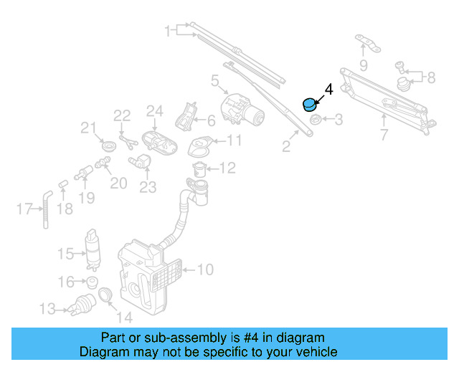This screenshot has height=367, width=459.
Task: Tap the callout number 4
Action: pos(329,90)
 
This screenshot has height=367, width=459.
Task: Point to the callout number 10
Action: pos(205,270)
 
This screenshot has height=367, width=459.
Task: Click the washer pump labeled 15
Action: pos(93,247)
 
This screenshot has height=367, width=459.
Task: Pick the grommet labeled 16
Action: pos(91,282)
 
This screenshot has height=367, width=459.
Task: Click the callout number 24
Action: pos(155,111)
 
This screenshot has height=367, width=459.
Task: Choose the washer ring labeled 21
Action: pos(109,147)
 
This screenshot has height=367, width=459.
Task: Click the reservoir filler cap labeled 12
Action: pos(200,169)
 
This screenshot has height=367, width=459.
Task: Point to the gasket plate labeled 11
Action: pos(199,147)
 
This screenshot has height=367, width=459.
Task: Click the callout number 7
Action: pos(383,134)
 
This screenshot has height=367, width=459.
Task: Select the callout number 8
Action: pos(431,77)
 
